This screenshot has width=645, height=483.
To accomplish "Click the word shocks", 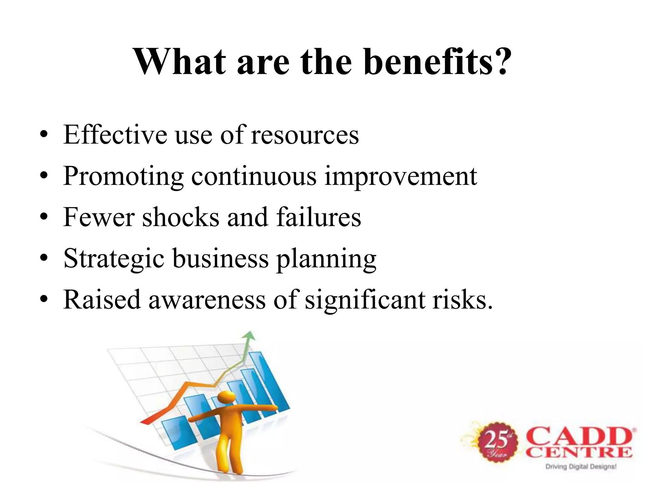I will coord(180,217).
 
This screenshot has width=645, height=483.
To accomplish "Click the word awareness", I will coord(207,300).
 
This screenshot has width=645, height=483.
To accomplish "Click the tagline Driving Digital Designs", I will coord(581,467).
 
